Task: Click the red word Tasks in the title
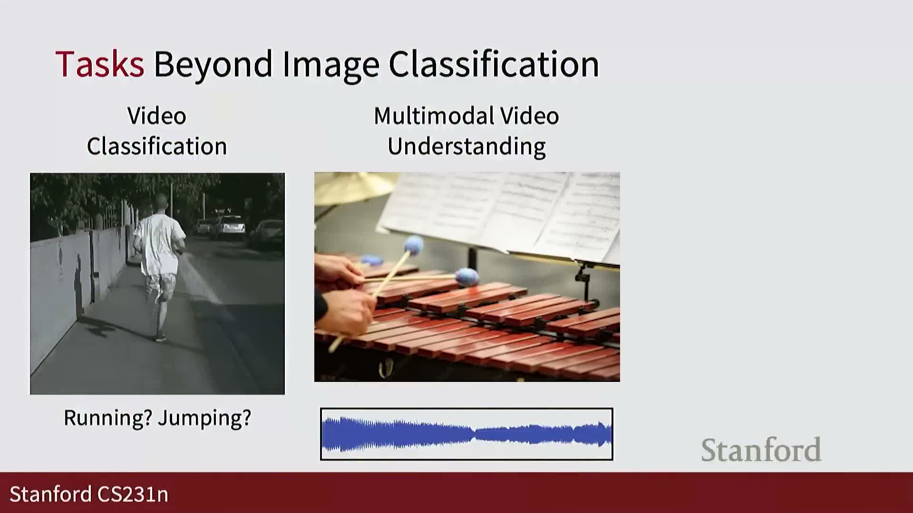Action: click(x=100, y=64)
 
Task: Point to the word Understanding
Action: click(x=466, y=147)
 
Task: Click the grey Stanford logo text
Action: click(x=761, y=450)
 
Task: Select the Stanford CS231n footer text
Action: click(x=89, y=494)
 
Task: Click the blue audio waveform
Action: click(x=466, y=434)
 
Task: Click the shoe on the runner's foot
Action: click(x=161, y=338)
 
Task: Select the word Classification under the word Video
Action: click(x=157, y=146)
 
